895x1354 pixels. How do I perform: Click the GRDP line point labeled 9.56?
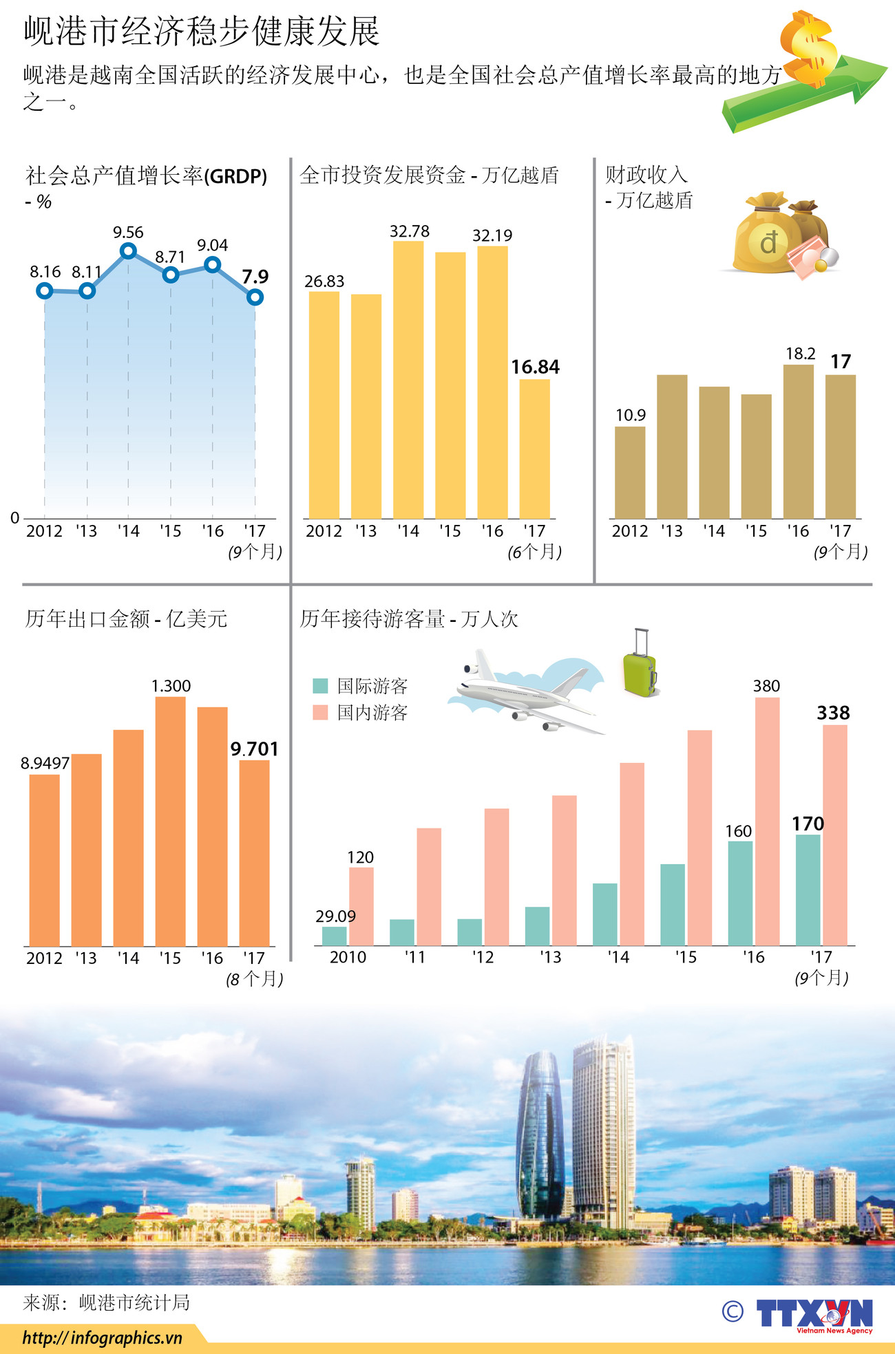tap(128, 251)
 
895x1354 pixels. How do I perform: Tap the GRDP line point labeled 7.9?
tap(255, 297)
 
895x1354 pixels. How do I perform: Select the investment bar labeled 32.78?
tap(408, 378)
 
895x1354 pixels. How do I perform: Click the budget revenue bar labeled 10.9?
tap(630, 472)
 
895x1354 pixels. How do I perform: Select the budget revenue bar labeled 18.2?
tap(798, 441)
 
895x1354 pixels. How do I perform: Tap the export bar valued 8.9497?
tap(45, 860)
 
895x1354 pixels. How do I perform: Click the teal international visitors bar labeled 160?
tap(740, 892)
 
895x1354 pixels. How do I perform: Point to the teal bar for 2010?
tap(335, 936)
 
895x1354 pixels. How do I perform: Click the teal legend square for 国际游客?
tap(320, 686)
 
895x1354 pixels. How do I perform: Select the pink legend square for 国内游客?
tap(320, 712)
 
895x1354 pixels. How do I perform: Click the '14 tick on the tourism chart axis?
tap(618, 957)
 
